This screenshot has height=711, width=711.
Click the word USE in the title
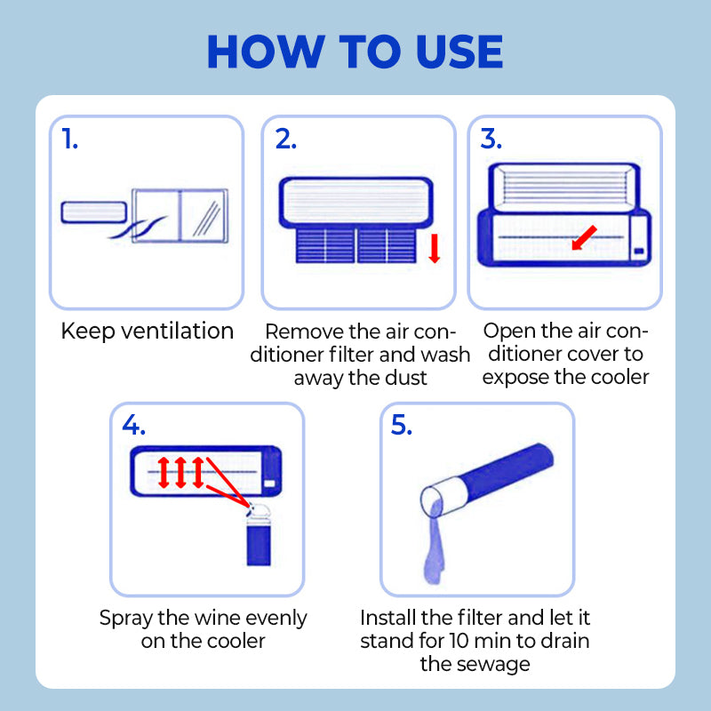point(459,52)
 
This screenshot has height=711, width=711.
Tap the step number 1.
point(69,139)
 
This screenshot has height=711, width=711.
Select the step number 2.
point(286,139)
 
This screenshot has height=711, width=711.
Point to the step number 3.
point(491,139)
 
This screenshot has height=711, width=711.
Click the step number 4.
point(134,425)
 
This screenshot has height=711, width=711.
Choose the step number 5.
point(402,425)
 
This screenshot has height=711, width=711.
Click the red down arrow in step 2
point(435,248)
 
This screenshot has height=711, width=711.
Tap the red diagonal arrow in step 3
point(584,238)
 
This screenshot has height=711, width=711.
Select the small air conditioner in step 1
point(94,212)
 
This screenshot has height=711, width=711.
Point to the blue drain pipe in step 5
point(487,480)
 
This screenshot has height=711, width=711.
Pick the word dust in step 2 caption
point(406,378)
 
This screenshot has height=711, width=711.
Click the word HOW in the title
point(265,52)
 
